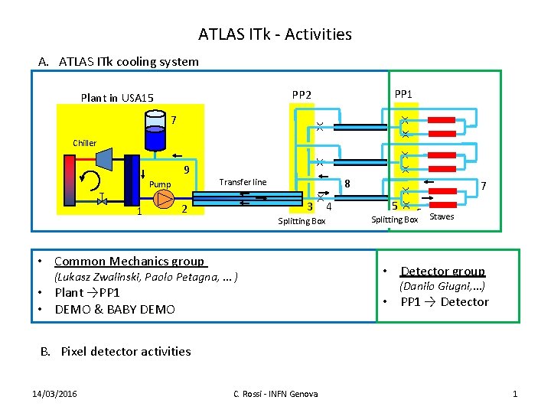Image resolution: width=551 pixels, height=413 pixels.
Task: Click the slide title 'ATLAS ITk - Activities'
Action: [x=275, y=34]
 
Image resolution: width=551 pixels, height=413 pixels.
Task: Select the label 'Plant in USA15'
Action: [x=117, y=97]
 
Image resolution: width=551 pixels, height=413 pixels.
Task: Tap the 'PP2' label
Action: [x=302, y=95]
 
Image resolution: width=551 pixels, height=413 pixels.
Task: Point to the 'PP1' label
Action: [x=403, y=94]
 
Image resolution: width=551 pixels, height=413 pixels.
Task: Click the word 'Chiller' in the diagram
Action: [x=85, y=143]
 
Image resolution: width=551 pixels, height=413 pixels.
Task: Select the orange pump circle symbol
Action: [x=164, y=199]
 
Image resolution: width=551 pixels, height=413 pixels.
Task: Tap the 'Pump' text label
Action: [x=160, y=184]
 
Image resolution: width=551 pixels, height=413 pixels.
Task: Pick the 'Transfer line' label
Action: [x=243, y=182]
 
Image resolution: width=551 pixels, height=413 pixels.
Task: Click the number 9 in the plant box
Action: [x=186, y=170]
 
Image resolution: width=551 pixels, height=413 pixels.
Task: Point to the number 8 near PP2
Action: [x=347, y=184]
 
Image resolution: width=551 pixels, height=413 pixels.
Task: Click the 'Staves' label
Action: [x=442, y=216]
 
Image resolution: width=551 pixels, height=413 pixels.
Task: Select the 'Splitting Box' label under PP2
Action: [x=302, y=221]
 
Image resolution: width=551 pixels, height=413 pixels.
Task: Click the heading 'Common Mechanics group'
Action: [x=129, y=261]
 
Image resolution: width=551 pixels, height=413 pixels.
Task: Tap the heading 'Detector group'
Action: [x=442, y=271]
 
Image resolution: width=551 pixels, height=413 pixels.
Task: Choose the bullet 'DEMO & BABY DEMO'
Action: [x=115, y=309]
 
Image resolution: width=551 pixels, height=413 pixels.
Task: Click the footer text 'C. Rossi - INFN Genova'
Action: [x=275, y=393]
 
